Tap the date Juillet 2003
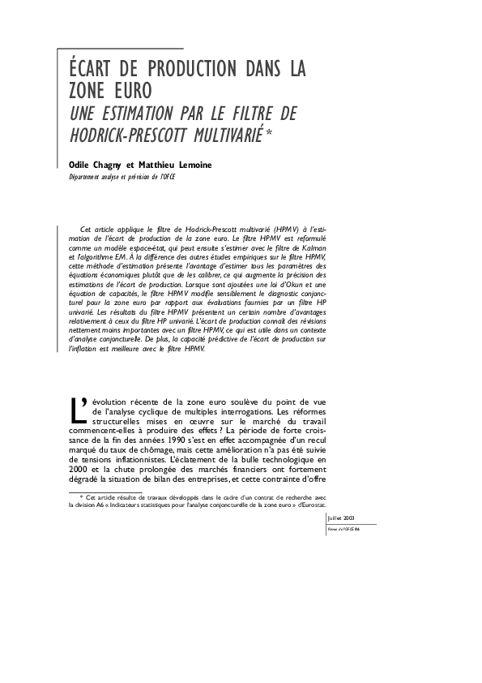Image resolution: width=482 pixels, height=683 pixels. tap(339, 517)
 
